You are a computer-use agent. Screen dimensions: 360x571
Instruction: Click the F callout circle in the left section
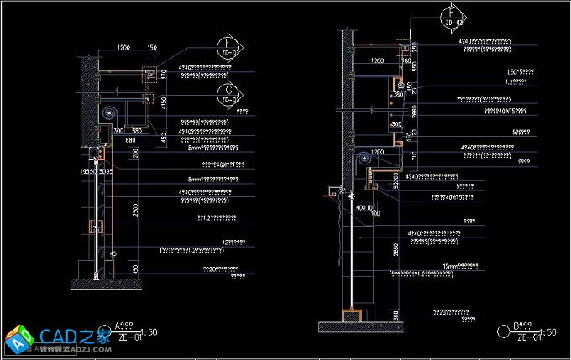click(x=227, y=47)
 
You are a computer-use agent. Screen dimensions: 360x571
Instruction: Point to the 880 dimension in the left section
click(x=132, y=139)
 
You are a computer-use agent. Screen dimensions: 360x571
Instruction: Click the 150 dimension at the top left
click(x=152, y=48)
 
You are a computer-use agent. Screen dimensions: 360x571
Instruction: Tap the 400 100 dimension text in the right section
click(x=366, y=206)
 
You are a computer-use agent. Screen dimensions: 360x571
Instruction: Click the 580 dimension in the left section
click(x=136, y=131)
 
